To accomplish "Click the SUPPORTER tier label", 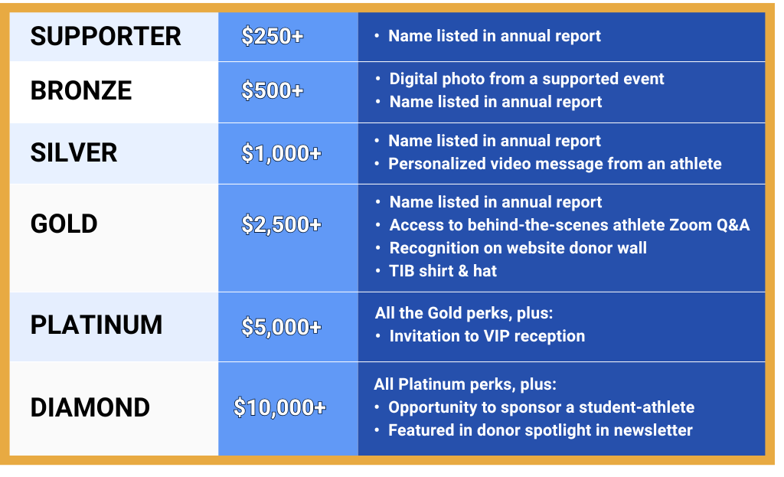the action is (106, 37).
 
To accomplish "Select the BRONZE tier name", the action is (81, 90).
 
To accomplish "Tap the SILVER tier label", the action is (73, 152).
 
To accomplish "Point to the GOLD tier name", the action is (64, 224).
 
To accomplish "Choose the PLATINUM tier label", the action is (96, 325).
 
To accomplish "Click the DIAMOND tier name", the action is (90, 407).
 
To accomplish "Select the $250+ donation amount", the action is (273, 36).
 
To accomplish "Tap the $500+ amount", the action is (273, 90).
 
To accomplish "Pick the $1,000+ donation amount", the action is (281, 153).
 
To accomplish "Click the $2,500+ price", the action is (281, 224).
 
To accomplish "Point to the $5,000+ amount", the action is (281, 327).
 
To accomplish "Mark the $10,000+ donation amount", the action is (280, 407).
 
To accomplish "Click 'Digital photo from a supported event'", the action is (527, 79).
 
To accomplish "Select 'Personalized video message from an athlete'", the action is (555, 164).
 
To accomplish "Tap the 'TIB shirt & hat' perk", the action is (443, 271).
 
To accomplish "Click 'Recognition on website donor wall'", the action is (518, 248).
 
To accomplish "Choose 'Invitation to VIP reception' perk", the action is (487, 336).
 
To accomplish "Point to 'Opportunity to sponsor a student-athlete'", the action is (541, 407).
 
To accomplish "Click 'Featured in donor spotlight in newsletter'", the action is (541, 430).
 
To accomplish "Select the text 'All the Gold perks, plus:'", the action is (464, 313).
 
